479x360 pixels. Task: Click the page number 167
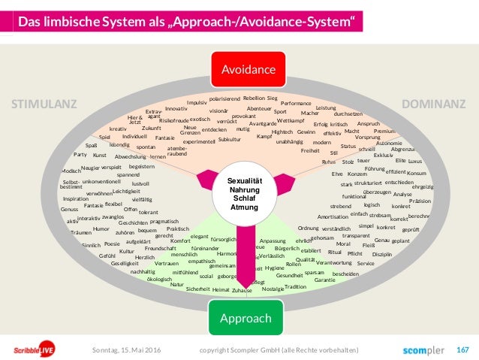click(x=462, y=349)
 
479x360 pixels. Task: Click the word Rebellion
click(x=254, y=98)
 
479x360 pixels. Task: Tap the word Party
click(x=80, y=154)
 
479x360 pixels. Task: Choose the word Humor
click(x=101, y=228)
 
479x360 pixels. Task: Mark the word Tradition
click(x=296, y=286)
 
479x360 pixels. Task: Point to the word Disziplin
click(x=382, y=255)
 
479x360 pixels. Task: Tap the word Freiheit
click(x=310, y=150)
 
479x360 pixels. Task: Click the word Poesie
click(x=112, y=244)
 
